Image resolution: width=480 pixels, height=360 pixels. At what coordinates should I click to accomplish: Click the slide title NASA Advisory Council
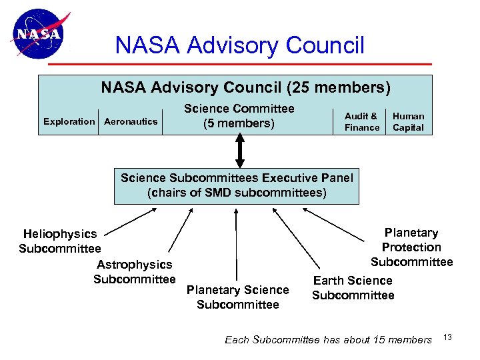240,45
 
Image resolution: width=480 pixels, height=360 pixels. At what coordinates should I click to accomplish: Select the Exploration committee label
69,121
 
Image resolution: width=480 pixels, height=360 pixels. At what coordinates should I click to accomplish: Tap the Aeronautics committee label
131,121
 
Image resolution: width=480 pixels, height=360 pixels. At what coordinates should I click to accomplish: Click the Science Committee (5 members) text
239,115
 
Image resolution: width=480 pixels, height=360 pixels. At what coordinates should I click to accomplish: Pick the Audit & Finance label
361,121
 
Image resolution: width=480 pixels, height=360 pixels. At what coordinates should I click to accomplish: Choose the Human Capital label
408,121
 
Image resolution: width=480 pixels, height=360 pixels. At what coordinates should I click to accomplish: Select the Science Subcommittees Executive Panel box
237,185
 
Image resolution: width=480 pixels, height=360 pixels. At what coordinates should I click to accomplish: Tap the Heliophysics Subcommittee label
60,241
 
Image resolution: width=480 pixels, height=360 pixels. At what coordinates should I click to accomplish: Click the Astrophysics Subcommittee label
134,272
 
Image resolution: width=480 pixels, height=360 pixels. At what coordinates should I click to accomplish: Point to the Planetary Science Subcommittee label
238,297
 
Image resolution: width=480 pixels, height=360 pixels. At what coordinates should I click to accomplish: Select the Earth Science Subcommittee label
353,288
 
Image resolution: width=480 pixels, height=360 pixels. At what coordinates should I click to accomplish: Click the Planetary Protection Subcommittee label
411,247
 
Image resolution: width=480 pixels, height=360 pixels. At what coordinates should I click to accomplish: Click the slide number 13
447,337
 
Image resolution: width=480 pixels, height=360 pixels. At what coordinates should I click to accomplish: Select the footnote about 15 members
328,340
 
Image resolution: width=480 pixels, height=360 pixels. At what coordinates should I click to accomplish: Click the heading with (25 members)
245,87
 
